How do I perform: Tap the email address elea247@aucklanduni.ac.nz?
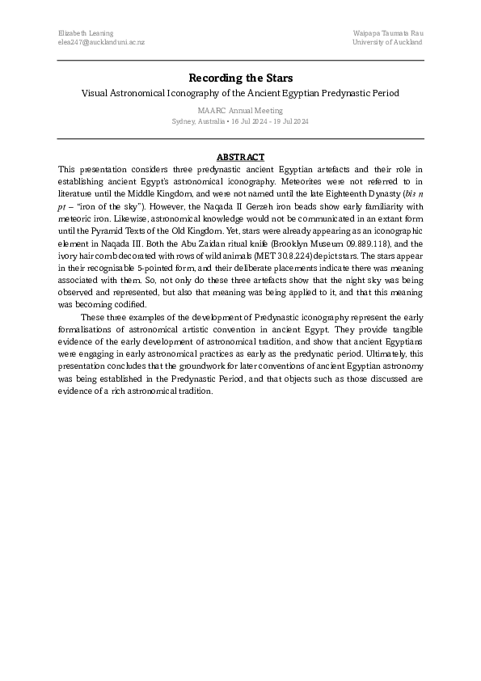102,42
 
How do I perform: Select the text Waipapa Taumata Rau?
388,32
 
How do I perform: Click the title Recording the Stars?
240,78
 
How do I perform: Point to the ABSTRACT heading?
240,157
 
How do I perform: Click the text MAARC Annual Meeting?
240,109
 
